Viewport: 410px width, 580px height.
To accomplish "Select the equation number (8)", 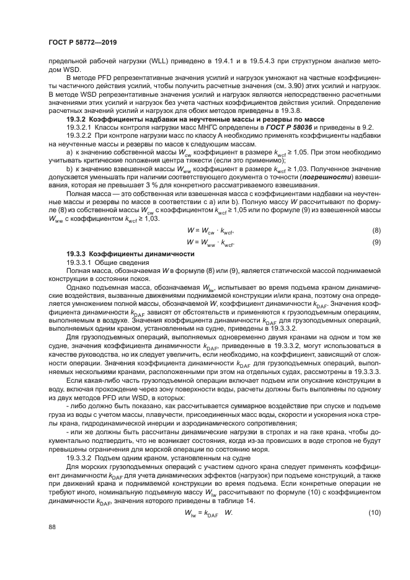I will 375,230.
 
